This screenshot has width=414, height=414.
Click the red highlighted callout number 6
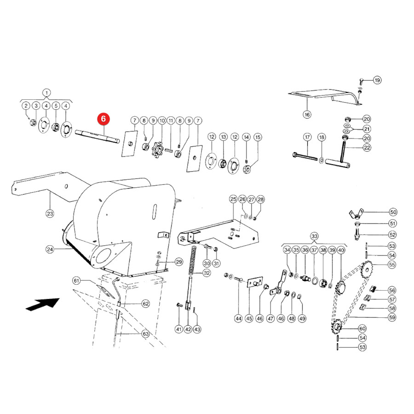tap(103, 119)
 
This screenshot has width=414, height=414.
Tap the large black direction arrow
tap(43, 304)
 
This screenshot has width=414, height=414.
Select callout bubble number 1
tap(46, 93)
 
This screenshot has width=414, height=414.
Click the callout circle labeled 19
tap(377, 80)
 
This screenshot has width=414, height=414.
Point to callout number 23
tap(50, 213)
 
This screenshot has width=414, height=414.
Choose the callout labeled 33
tap(314, 236)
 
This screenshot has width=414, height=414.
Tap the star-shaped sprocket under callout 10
tap(158, 150)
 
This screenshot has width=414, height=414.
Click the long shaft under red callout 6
tap(98, 136)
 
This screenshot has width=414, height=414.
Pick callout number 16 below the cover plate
tap(307, 115)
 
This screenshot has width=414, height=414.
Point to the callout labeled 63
tap(146, 334)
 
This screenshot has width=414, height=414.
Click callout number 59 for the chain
tap(392, 317)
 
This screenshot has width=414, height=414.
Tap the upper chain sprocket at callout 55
tap(366, 269)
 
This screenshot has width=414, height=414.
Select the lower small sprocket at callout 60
tap(337, 328)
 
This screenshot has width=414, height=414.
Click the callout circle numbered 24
tap(50, 249)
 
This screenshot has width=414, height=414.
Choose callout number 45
tap(249, 318)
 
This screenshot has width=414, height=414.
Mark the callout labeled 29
tap(179, 262)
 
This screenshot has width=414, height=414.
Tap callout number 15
tap(258, 137)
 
